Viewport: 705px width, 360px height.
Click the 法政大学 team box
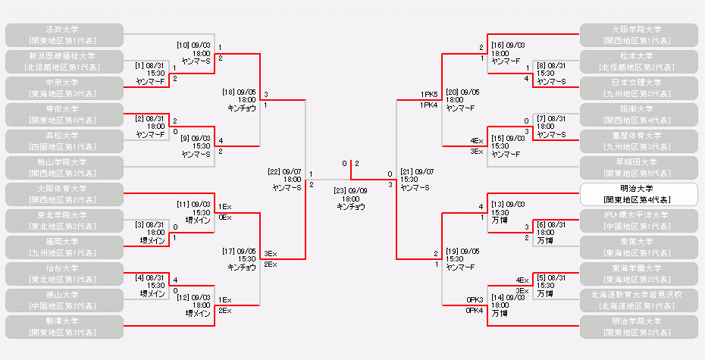point(64,34)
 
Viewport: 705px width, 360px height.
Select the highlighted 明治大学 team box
point(638,194)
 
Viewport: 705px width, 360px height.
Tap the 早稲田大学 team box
point(638,167)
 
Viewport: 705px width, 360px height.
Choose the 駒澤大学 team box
point(64,327)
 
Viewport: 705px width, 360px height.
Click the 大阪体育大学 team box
point(64,194)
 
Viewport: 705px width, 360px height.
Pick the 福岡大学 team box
point(64,247)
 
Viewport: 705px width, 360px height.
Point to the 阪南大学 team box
point(638,114)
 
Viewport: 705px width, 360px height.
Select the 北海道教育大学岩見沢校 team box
point(638,300)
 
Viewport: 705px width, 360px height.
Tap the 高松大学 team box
point(64,140)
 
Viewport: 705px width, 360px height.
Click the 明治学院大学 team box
point(638,327)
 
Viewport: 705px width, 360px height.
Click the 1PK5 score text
point(429,95)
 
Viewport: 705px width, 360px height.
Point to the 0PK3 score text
point(475,300)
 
